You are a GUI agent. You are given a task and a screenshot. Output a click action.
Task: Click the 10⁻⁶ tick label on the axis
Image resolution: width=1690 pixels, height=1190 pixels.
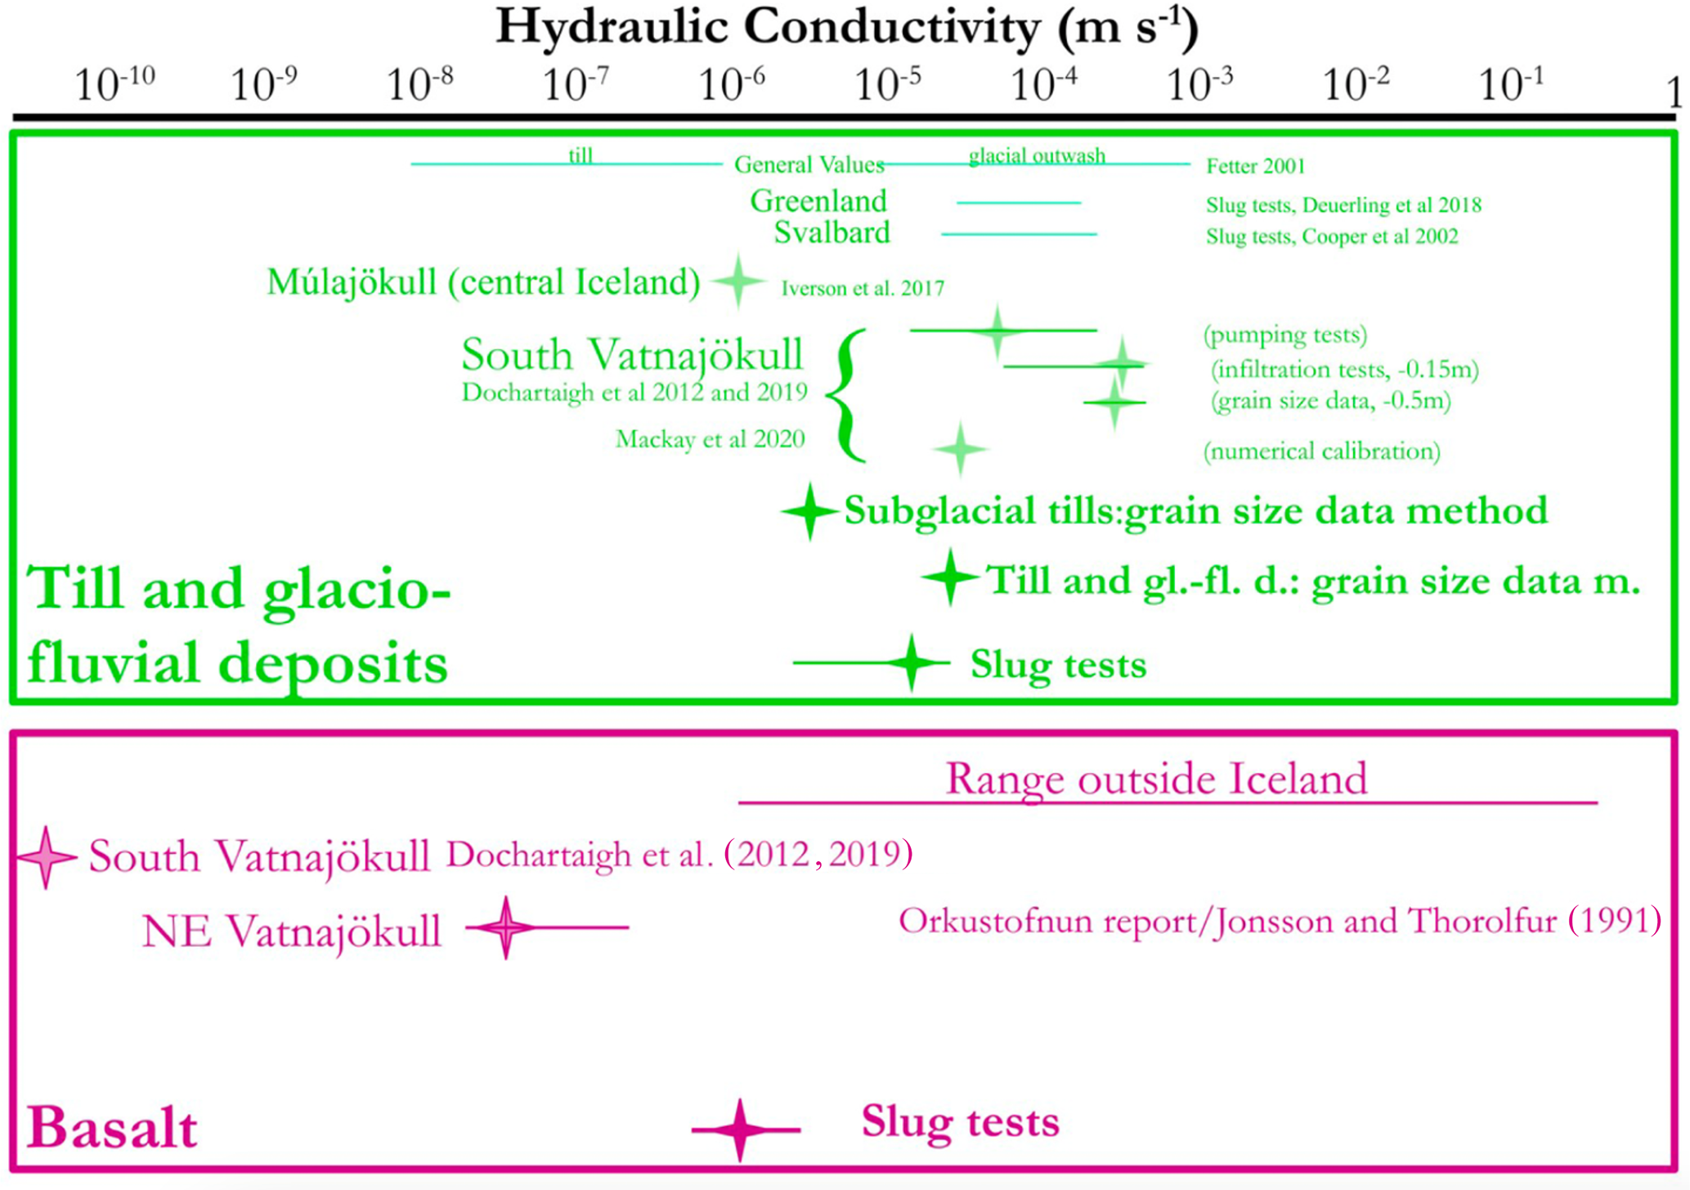point(732,83)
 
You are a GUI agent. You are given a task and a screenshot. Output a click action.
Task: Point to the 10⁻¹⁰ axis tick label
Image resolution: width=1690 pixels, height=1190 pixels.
point(114,83)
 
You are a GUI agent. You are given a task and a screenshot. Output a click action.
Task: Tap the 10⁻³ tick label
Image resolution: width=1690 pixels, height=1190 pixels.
point(1199,83)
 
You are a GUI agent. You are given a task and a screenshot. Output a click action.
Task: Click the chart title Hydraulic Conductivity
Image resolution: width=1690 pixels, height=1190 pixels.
point(847,26)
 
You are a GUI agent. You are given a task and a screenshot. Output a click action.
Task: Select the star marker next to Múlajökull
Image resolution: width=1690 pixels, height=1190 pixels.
point(738,281)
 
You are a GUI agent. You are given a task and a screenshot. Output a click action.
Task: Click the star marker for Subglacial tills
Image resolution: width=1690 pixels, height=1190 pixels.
point(809,511)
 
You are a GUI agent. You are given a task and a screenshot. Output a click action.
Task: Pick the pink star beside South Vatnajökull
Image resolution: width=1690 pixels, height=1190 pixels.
point(46,857)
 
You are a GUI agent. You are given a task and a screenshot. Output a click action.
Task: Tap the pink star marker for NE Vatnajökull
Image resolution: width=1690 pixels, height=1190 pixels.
point(506,927)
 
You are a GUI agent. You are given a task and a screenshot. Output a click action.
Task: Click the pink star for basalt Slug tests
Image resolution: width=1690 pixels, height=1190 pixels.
point(740,1129)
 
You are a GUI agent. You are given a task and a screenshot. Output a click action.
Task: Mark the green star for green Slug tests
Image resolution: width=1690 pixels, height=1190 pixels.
point(912,662)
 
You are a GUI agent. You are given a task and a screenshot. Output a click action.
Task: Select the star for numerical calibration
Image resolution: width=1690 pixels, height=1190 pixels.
point(961,448)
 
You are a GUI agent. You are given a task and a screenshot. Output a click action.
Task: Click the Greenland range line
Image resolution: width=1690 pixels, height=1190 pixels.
point(1019,202)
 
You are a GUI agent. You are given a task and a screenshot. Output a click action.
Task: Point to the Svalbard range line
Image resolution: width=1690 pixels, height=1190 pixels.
point(1019,234)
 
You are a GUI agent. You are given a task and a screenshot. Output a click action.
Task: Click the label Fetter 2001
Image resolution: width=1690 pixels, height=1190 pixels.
point(1255,166)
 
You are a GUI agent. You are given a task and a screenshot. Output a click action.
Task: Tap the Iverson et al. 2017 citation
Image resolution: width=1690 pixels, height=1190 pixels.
point(863,288)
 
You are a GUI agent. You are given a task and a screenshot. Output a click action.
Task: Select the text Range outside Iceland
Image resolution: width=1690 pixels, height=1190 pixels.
point(1156,778)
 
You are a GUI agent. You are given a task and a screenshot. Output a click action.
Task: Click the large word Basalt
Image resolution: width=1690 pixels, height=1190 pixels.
point(113,1127)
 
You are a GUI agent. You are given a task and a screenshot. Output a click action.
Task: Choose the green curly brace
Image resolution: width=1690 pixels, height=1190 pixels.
point(847,396)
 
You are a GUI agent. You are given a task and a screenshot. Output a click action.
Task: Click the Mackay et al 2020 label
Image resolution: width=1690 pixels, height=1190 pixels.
point(710,439)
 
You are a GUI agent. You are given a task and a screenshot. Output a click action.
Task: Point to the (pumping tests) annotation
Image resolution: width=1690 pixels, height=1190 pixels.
point(1285,335)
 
